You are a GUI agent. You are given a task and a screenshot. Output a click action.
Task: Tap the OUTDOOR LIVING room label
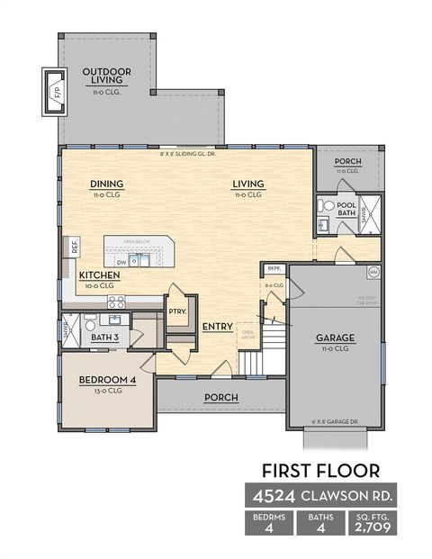click(x=107, y=77)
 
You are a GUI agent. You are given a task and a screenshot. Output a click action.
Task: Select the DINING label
click(x=106, y=185)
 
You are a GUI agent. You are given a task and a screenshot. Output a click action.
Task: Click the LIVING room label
click(x=247, y=185)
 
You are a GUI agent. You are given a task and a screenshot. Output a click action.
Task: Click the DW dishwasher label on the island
click(x=121, y=263)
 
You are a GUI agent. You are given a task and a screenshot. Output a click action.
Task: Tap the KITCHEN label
click(x=99, y=275)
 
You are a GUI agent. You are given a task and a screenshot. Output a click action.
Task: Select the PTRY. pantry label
click(x=176, y=311)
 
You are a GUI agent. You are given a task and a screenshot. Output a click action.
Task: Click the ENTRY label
click(x=218, y=327)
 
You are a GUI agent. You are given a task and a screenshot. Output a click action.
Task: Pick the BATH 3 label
click(x=108, y=338)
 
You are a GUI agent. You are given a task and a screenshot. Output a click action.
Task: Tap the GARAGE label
click(x=334, y=338)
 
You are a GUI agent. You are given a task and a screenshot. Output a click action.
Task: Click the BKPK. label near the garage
click(x=274, y=269)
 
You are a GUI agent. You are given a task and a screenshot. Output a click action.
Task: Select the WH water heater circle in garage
click(x=373, y=272)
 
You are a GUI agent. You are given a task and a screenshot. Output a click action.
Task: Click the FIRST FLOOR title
click(x=319, y=469)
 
